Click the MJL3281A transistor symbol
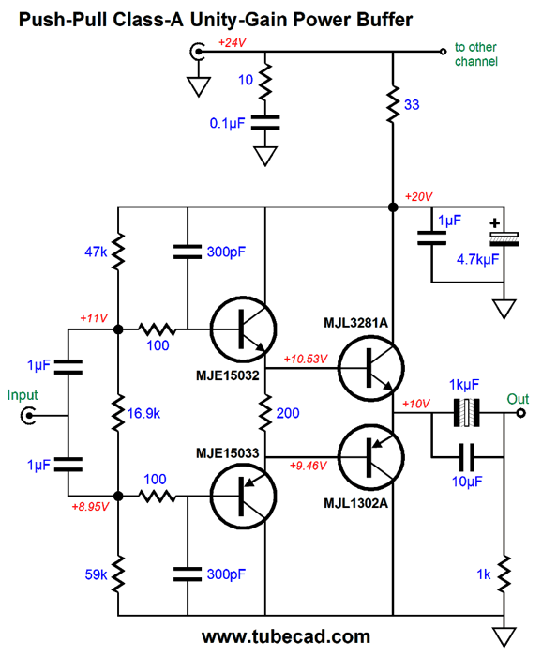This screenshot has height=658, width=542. click(x=370, y=369)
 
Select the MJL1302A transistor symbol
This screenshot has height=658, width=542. click(x=370, y=457)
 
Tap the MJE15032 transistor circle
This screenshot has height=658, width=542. click(x=243, y=329)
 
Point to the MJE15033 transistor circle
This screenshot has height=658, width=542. click(x=243, y=496)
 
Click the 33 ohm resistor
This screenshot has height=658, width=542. click(x=393, y=104)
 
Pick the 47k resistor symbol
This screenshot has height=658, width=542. click(x=118, y=252)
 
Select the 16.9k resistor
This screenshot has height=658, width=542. click(x=118, y=413)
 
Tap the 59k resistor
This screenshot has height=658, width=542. click(x=118, y=574)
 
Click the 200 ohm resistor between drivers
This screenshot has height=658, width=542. click(x=265, y=413)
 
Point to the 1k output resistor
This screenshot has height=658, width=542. click(x=504, y=574)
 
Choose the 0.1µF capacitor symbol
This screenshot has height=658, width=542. click(x=265, y=123)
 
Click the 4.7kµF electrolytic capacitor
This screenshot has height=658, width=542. click(x=504, y=237)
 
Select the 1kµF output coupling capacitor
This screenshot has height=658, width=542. click(x=467, y=413)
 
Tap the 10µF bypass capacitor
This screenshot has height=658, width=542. click(x=467, y=457)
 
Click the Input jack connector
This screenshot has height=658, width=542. click(x=28, y=416)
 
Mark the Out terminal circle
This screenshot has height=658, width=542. click(x=520, y=413)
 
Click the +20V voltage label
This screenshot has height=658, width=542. click(x=418, y=197)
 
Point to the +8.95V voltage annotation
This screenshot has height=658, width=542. click(x=90, y=507)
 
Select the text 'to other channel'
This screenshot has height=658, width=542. click(x=476, y=54)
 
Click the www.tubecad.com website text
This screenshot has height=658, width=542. click(x=286, y=636)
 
